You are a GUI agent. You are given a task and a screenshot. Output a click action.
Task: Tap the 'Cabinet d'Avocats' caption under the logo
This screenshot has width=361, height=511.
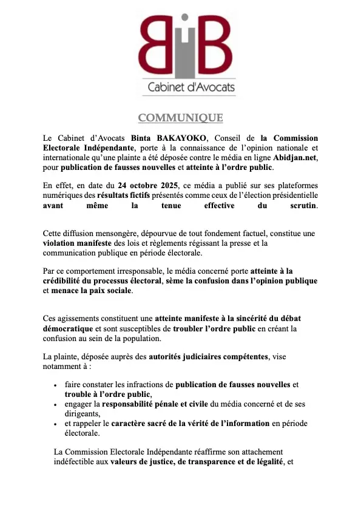click(x=191, y=88)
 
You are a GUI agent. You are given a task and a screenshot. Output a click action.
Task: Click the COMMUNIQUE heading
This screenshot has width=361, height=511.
click(x=180, y=118)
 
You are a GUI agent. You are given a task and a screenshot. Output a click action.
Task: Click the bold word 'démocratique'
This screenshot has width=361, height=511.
click(x=72, y=329)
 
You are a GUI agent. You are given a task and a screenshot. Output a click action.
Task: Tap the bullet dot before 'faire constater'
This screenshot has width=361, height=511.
click(x=56, y=385)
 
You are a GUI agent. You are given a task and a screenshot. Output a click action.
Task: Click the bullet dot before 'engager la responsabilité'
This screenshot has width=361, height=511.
click(x=56, y=404)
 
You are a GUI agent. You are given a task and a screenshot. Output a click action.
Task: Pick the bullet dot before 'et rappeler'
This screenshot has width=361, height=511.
click(x=56, y=424)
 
